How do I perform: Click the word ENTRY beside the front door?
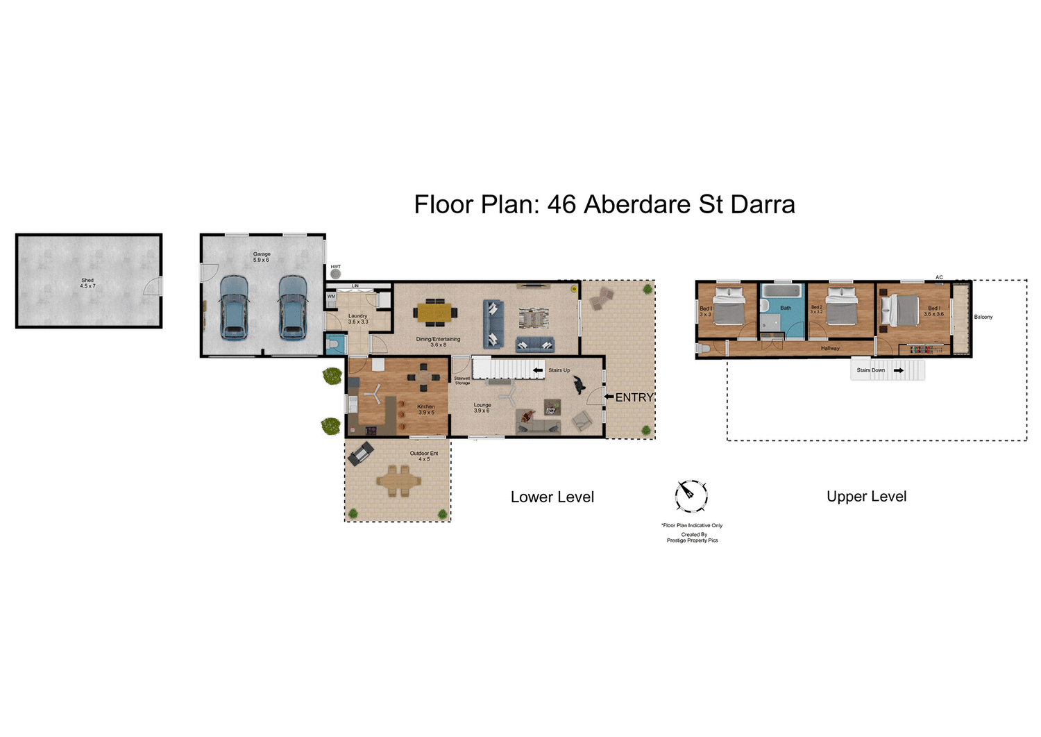click(634, 397)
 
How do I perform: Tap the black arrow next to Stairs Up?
click(538, 371)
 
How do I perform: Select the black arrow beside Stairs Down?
click(898, 370)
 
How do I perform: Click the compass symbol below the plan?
click(691, 495)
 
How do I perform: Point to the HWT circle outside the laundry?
click(336, 274)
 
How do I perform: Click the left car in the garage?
click(234, 307)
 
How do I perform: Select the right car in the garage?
click(293, 307)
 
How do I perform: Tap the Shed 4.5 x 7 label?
click(87, 283)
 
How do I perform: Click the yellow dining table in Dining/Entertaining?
click(434, 313)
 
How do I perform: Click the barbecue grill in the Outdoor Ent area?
click(361, 454)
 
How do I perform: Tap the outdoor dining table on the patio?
click(398, 480)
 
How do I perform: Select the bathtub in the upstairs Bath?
click(782, 290)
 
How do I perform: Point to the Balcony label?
click(983, 317)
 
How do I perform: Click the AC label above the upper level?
click(939, 277)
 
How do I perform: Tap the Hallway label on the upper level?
click(830, 348)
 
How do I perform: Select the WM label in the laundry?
click(331, 297)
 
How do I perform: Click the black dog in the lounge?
click(579, 385)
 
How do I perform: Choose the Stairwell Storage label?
click(462, 381)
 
